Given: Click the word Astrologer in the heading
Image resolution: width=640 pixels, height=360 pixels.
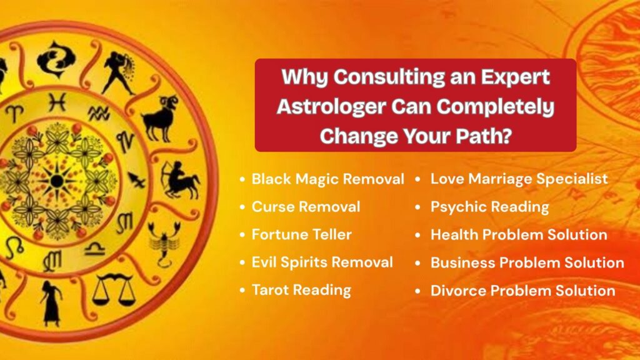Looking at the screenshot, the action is click(x=331, y=107).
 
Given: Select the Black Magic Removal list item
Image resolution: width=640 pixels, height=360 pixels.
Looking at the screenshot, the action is click(x=327, y=179).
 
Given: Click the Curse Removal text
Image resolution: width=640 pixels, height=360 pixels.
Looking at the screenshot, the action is click(x=306, y=206).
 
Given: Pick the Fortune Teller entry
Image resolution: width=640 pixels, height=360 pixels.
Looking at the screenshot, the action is click(x=302, y=234).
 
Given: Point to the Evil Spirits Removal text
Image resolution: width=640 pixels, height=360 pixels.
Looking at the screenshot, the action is click(x=322, y=262).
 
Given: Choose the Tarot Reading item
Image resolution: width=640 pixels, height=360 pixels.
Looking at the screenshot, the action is click(x=301, y=290).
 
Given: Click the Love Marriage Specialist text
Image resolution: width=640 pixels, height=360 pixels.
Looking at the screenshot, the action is click(x=519, y=179).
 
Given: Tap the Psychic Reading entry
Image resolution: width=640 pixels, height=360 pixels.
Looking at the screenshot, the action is click(x=490, y=207).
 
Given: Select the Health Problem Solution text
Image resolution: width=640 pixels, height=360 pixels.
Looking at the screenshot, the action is click(x=519, y=235).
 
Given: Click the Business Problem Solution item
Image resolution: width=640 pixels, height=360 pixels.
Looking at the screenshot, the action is click(x=527, y=262).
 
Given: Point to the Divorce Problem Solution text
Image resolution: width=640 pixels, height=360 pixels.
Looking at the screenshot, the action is click(x=523, y=291).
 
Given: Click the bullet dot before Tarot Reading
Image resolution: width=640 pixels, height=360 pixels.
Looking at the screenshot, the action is click(x=242, y=291).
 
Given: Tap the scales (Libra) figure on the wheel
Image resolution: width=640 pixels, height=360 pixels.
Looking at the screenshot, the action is click(x=113, y=290).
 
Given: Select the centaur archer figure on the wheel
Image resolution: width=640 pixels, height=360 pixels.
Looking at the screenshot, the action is click(x=179, y=181).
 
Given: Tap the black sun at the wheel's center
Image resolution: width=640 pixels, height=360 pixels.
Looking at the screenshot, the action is click(x=57, y=181).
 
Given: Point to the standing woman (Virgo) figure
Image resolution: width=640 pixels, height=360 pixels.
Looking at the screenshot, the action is click(x=51, y=303).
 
